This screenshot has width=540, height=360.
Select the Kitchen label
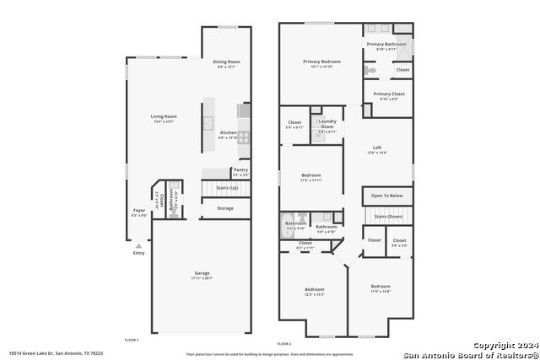point(229,132)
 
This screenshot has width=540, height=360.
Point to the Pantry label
point(240,169)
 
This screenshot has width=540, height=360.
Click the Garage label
point(201,275)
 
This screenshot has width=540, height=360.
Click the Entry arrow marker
point(138,246)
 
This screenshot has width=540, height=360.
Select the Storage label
point(225,207)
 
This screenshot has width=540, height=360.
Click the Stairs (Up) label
point(227,187)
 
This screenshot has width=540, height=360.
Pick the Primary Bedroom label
point(321,62)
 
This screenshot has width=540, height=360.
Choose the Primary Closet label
point(389,94)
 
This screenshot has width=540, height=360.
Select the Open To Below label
point(386,195)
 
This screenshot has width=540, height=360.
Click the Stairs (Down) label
point(389,217)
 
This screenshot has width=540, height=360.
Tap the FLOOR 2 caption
point(284,344)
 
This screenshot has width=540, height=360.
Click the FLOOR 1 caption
point(131,339)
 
